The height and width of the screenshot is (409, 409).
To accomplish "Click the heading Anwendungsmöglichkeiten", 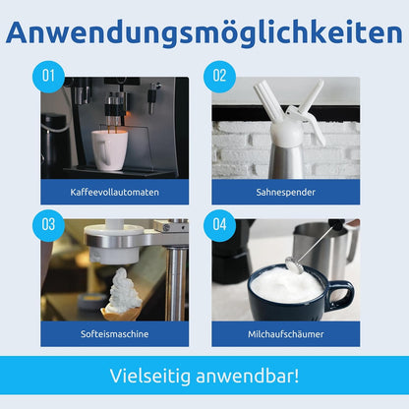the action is [x=204, y=33].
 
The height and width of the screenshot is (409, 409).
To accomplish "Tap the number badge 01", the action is [x=48, y=77].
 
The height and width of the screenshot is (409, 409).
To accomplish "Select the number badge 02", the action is [x=219, y=77].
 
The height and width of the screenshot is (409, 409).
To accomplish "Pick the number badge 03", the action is [x=48, y=225].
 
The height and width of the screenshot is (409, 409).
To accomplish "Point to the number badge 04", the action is [x=219, y=225].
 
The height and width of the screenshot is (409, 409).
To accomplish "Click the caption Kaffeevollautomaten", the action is [x=114, y=192].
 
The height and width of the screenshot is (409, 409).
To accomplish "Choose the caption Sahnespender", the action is [x=286, y=192].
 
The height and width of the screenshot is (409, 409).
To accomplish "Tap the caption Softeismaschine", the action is [x=114, y=334].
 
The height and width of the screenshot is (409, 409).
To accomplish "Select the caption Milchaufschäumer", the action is [x=286, y=334].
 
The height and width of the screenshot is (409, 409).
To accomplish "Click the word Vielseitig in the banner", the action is [x=150, y=376].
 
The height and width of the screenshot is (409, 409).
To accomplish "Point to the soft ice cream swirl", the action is [x=122, y=290].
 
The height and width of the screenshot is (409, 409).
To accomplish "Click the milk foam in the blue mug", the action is [x=286, y=284].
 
